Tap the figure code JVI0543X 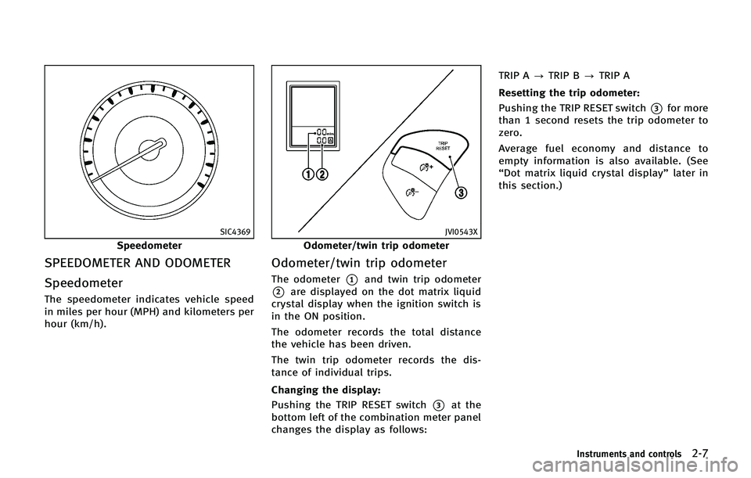462,232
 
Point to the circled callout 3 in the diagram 462,195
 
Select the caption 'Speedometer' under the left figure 149,246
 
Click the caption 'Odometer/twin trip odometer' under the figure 376,246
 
